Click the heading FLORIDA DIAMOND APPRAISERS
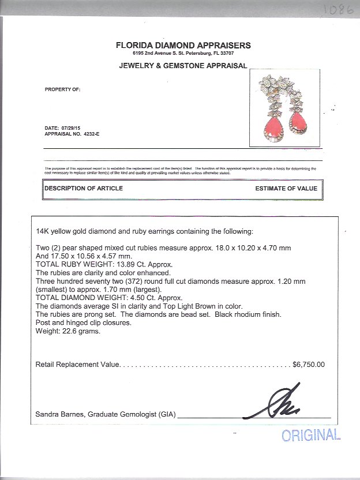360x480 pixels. pyautogui.click(x=183, y=45)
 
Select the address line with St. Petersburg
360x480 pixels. pyautogui.click(x=183, y=53)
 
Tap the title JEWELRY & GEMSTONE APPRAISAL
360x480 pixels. pyautogui.click(x=183, y=66)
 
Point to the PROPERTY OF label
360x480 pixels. pyautogui.click(x=62, y=90)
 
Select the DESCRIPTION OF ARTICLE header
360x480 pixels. pyautogui.click(x=84, y=189)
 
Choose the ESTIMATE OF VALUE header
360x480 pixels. pyautogui.click(x=285, y=189)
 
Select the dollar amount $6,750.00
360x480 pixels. pyautogui.click(x=309, y=365)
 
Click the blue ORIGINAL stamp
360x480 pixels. pyautogui.click(x=311, y=435)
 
